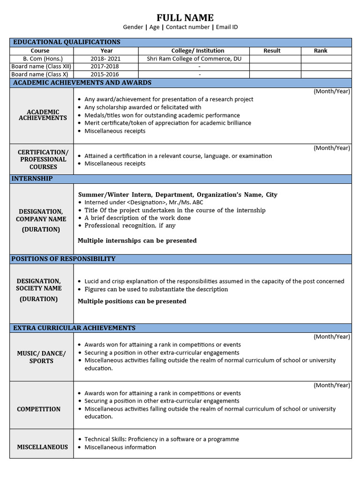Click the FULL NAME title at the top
(185, 18)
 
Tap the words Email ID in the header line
(227, 27)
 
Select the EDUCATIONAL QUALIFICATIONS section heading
(67, 42)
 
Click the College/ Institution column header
(198, 51)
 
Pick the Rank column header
(321, 51)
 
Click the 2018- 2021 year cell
(106, 59)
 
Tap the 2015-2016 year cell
(105, 74)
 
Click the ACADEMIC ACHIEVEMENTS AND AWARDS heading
(82, 82)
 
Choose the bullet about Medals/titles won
(162, 115)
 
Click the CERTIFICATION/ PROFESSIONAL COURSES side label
(43, 159)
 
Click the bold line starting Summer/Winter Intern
(178, 195)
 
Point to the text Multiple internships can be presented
(137, 240)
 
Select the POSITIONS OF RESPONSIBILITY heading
(63, 259)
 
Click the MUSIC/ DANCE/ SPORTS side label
(41, 357)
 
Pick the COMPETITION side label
(39, 409)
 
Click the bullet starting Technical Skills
(161, 439)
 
